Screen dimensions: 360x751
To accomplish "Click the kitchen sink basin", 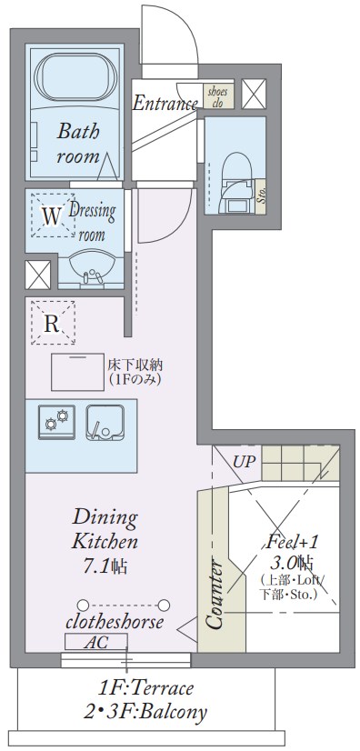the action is tap(105, 422).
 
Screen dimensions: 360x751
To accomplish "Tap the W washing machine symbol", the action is tap(53, 215).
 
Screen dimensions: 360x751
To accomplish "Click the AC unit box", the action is tap(96, 642).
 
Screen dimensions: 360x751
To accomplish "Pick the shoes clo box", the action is tap(218, 96).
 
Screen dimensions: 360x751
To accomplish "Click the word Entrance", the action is tap(165, 103).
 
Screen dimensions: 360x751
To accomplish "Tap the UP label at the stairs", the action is tap(245, 462).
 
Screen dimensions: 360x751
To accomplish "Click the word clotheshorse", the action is tap(115, 622).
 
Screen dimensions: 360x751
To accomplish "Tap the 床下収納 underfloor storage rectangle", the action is tap(77, 372).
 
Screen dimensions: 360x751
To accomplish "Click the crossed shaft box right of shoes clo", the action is tap(254, 94).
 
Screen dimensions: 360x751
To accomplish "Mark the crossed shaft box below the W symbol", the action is tap(38, 275).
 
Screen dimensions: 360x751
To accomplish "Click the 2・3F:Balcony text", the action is tap(145, 712).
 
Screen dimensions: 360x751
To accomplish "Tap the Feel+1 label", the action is tap(292, 542).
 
